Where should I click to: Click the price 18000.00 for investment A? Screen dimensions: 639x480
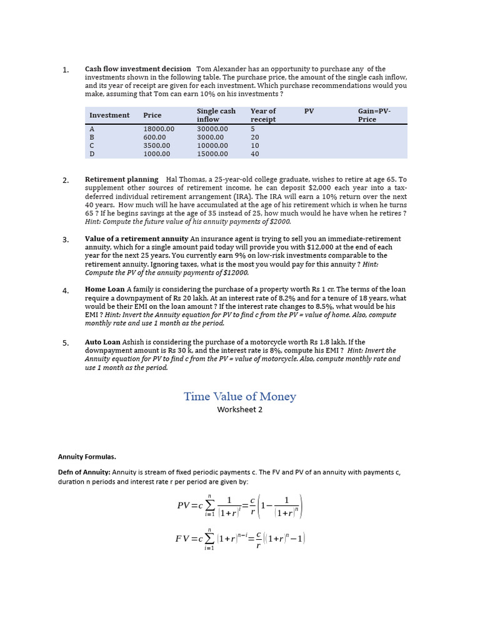pyautogui.click(x=159, y=129)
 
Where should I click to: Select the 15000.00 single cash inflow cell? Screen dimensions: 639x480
pyautogui.click(x=212, y=154)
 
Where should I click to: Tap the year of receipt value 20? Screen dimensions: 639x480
pyautogui.click(x=255, y=137)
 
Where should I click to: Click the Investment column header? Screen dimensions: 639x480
pyautogui.click(x=109, y=115)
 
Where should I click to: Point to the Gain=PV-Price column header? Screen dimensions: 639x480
pyautogui.click(x=374, y=115)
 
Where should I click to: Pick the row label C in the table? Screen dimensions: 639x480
pyautogui.click(x=92, y=145)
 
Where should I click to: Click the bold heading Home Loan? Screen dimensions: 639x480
pyautogui.click(x=105, y=290)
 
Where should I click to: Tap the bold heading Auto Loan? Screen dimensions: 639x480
pyautogui.click(x=103, y=343)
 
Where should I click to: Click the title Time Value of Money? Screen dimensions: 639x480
pyautogui.click(x=240, y=397)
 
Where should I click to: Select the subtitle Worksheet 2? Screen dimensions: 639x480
pyautogui.click(x=240, y=410)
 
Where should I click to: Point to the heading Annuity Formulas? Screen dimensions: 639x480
pyautogui.click(x=87, y=457)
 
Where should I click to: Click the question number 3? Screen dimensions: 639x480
pyautogui.click(x=66, y=240)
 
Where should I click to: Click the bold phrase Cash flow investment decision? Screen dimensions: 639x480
pyautogui.click(x=138, y=69)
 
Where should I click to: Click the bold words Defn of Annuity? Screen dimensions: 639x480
pyautogui.click(x=84, y=472)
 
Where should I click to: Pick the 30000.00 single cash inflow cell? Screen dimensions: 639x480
pyautogui.click(x=212, y=129)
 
